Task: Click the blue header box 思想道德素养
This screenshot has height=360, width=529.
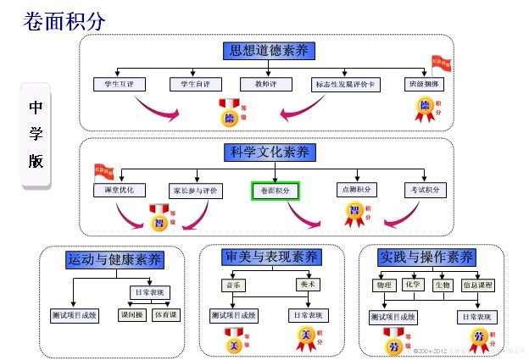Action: (x=270, y=50)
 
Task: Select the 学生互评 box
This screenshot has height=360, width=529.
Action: (x=120, y=84)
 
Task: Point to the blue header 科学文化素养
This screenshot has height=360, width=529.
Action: (x=270, y=152)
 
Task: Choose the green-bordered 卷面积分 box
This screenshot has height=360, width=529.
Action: (x=275, y=191)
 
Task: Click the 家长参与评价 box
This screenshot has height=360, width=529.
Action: (x=195, y=191)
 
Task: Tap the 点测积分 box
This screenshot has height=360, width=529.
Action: (x=356, y=190)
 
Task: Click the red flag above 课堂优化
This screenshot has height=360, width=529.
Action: (x=103, y=170)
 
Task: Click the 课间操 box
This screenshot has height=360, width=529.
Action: (x=131, y=315)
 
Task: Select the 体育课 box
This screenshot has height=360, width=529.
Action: (x=165, y=315)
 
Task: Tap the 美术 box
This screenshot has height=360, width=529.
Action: (x=308, y=285)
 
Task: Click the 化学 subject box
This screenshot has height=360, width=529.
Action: (x=413, y=285)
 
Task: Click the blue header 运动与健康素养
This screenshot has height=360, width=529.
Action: (x=114, y=259)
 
